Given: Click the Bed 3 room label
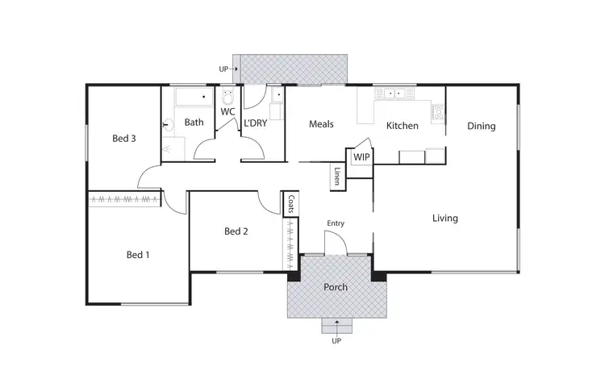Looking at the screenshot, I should point(123,139).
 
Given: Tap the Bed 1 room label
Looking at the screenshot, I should point(138,255).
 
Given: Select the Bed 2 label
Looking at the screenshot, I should point(236,232).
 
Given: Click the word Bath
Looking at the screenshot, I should point(194,123).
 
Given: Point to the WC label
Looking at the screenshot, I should point(227,111).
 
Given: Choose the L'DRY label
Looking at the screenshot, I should point(255,123).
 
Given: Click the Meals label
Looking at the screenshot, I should point(321,124).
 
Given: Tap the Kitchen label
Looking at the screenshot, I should point(402,126).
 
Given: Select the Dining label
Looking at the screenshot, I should point(481,126).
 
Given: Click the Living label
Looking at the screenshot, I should point(444,219).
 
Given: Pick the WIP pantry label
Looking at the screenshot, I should point(361,157).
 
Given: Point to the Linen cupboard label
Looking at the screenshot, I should point(337,177).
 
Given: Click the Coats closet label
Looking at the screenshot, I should point(290,205).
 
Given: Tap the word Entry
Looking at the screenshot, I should point(336,223).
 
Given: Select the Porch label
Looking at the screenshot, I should point(336,287).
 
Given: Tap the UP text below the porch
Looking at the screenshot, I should point(336,341).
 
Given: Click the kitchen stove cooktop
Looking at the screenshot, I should point(439,112).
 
